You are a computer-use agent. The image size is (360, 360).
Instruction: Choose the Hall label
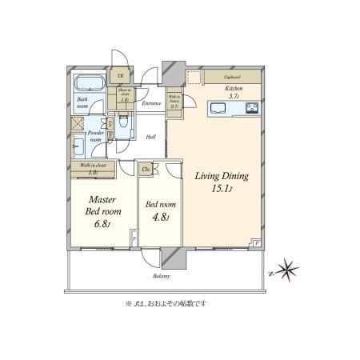(x=150, y=136)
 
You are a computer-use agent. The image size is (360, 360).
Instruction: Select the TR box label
(x=121, y=77)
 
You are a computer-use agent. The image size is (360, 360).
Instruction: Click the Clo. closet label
(x=146, y=169)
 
